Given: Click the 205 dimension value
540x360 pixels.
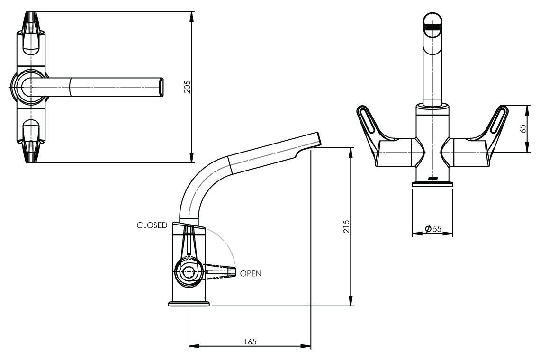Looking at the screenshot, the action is [188, 87].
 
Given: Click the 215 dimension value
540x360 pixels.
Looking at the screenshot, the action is [346, 226].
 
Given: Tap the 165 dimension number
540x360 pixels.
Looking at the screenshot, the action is [251, 342].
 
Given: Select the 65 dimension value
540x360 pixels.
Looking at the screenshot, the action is [523, 128].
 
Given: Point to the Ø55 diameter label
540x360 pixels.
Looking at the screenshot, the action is [433, 229].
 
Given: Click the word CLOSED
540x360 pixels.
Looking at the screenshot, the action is [152, 225].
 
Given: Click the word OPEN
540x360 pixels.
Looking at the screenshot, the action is [251, 273].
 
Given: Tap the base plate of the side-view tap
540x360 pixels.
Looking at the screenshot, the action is [189, 304].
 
